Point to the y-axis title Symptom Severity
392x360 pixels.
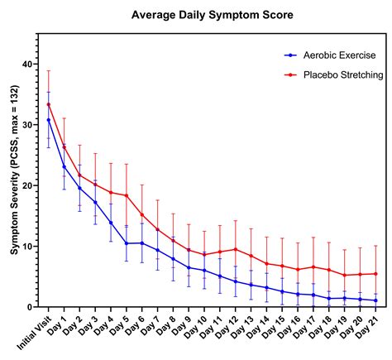tap(14, 171)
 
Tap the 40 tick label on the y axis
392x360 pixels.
tap(29, 65)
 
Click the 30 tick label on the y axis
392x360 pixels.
tap(29, 125)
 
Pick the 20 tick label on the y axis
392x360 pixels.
tap(29, 185)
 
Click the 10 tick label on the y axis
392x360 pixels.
tap(29, 247)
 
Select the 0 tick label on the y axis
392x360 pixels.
tap(31, 307)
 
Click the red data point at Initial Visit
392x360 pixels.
tap(49, 104)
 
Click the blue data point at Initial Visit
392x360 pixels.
tap(49, 120)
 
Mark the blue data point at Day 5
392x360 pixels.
tap(127, 243)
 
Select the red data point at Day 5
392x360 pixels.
tap(127, 195)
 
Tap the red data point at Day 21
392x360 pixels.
tap(376, 274)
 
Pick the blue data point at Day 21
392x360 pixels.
tap(376, 300)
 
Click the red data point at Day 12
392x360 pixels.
tap(236, 249)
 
